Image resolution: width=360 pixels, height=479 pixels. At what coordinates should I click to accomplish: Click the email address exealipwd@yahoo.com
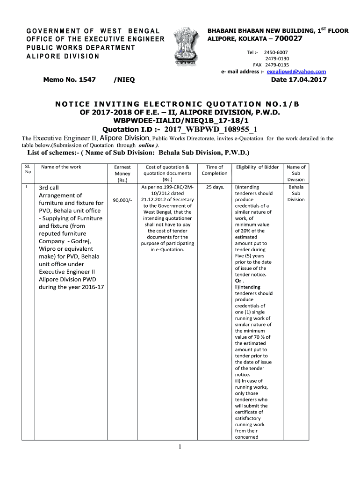coord(296,72)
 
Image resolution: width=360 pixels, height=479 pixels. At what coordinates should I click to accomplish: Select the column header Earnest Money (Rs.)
coord(122,173)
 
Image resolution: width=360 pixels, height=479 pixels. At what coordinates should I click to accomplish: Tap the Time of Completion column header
coord(214,170)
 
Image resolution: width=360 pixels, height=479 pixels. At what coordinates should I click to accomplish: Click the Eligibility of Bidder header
coord(257,167)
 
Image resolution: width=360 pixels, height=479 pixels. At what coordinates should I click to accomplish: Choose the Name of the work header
coord(61,167)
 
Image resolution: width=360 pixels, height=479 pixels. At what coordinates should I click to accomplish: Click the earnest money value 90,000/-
coord(122,200)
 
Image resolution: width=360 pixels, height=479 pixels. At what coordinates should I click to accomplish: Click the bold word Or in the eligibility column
coord(238,281)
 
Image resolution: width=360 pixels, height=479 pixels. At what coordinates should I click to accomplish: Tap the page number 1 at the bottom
coord(180,447)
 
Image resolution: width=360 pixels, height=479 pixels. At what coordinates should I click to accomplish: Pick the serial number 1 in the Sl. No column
coord(27,187)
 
